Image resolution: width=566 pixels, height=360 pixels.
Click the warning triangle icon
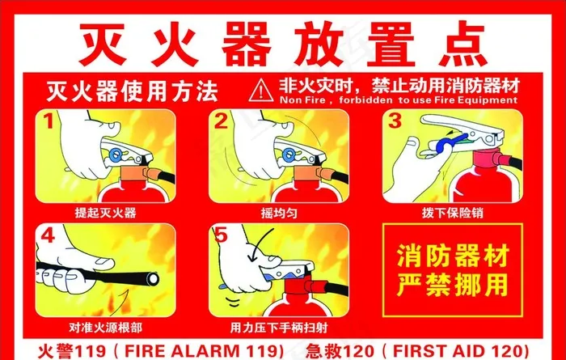(x=261, y=91)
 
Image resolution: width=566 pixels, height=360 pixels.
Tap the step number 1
(x=49, y=121)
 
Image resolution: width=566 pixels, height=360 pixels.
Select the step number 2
(x=221, y=121)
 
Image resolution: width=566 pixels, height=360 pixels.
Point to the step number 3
(x=395, y=121)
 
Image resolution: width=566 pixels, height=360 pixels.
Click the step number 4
(x=48, y=235)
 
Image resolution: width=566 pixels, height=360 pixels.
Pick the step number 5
(x=221, y=235)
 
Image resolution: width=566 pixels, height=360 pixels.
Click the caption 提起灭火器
(x=105, y=213)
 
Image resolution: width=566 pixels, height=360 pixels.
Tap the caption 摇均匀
(x=279, y=213)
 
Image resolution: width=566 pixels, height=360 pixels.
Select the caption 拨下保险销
(x=452, y=213)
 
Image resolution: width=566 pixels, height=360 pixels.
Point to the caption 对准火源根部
(x=105, y=327)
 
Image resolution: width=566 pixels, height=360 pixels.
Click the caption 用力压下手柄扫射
(x=279, y=328)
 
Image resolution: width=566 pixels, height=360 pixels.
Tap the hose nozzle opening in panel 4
(x=153, y=278)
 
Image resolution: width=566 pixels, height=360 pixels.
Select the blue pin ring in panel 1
(x=116, y=155)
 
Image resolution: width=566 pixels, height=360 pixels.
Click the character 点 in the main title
(x=463, y=44)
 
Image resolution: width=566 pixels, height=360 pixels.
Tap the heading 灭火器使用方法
(x=133, y=91)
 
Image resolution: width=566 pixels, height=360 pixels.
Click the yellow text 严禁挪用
(x=452, y=285)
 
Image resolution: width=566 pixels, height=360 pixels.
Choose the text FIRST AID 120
(x=456, y=351)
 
